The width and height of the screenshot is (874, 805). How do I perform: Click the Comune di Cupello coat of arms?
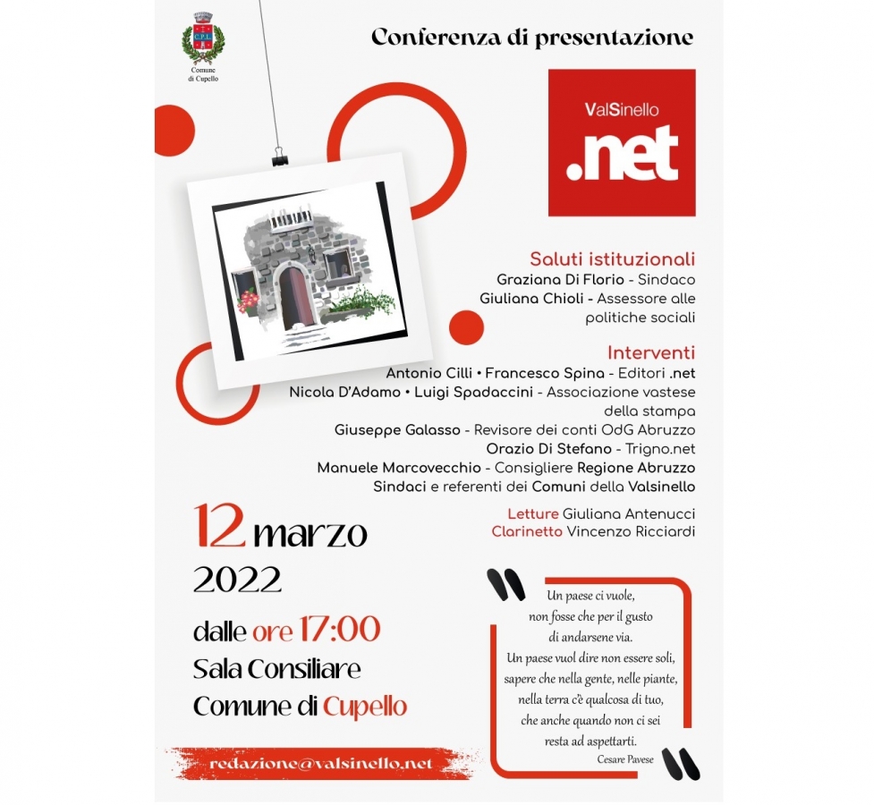203,40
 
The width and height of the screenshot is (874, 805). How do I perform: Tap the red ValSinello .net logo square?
622,143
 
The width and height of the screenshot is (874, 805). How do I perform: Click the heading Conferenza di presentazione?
532,38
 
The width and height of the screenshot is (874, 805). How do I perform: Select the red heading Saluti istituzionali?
612,259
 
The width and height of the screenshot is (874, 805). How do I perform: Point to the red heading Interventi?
650,352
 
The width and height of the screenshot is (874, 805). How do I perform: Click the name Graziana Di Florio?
561,280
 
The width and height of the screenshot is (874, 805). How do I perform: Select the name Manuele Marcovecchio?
398,468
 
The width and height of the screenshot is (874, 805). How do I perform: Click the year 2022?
238,580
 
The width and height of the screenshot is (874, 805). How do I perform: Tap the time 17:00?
339,630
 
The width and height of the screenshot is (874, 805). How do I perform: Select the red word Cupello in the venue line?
365,707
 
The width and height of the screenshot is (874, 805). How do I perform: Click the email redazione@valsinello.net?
321,764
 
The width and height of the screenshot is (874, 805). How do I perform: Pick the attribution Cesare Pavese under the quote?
627,758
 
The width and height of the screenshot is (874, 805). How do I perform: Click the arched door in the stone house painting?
293,299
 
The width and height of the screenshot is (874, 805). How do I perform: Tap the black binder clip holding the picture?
280,160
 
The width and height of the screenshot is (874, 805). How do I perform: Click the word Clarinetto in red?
525,531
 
